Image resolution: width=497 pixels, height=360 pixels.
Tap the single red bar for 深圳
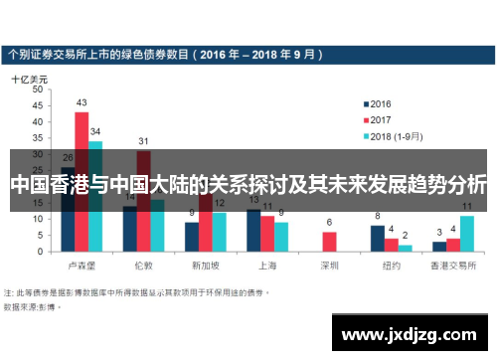click(x=329, y=241)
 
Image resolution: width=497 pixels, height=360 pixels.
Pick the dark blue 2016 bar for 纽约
click(x=378, y=238)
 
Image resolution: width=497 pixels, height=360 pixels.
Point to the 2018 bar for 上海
click(x=281, y=236)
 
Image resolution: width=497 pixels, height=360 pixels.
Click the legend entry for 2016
click(x=381, y=103)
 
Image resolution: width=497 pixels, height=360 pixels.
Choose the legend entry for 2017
click(x=381, y=119)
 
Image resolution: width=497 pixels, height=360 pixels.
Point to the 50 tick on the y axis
click(x=39, y=89)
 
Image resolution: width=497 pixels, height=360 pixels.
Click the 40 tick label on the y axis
click(x=39, y=121)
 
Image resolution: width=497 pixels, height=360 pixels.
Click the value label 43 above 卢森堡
click(x=82, y=102)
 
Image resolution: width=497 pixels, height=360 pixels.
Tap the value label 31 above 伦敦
click(x=143, y=141)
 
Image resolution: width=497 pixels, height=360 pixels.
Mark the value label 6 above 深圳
click(x=329, y=222)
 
